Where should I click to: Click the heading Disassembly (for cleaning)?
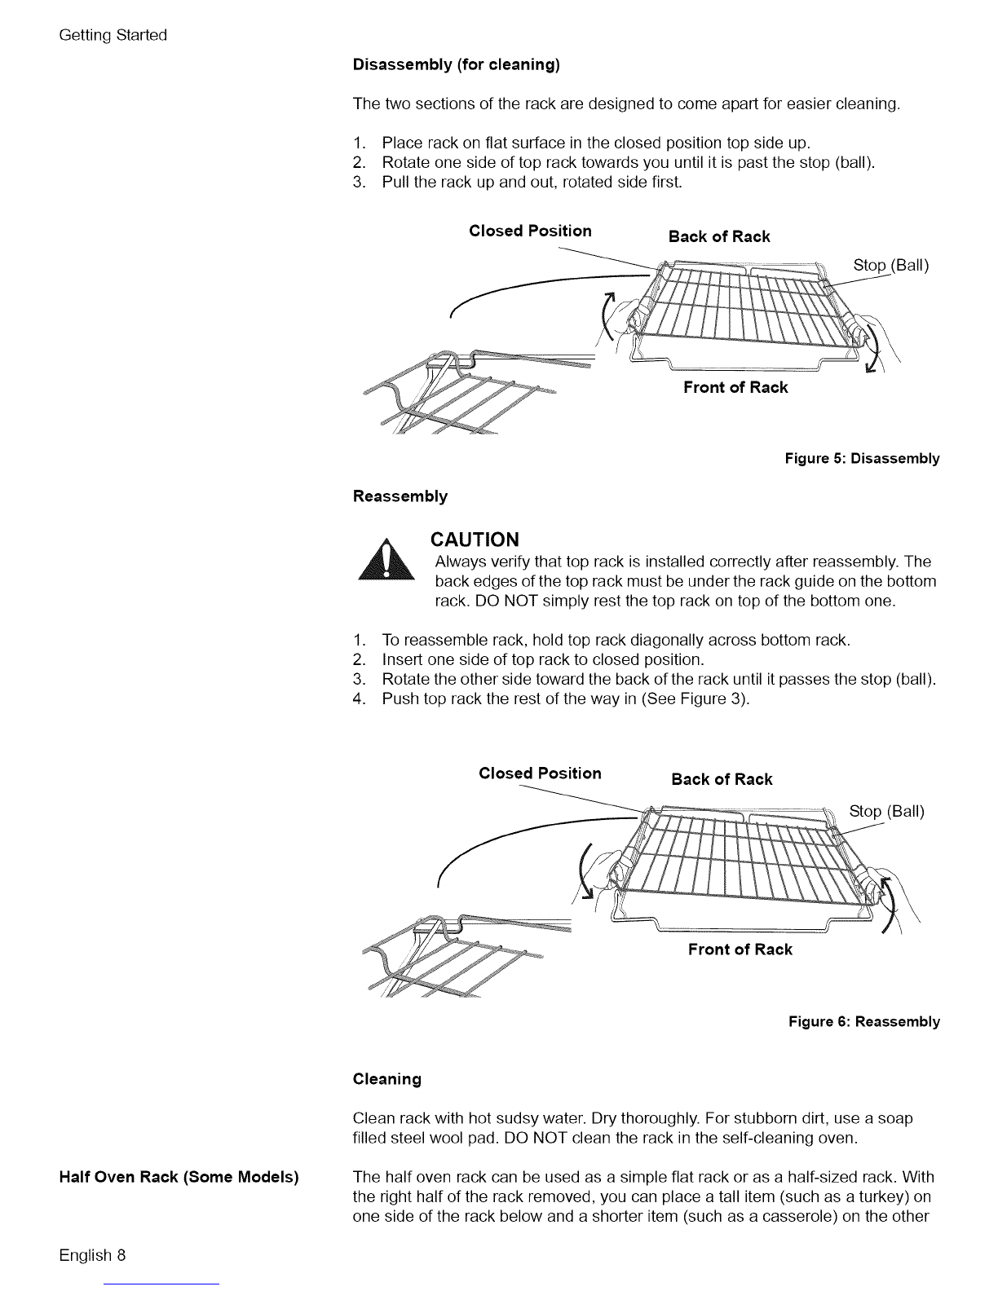coord(456,65)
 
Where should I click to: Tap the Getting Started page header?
coord(113,35)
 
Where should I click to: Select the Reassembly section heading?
coord(400,496)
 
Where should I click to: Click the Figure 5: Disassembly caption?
coord(862,459)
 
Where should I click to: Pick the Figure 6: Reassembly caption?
coord(863,1022)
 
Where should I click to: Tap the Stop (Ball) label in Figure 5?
coord(890,265)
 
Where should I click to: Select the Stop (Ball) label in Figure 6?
coord(886,811)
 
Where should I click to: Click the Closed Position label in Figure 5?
coord(530,231)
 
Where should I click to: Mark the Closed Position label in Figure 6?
coord(540,773)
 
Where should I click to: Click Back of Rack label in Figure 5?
coord(718,237)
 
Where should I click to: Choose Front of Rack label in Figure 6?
coord(740,950)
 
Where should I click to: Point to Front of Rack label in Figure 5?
coord(735,388)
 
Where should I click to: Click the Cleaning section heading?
coord(386,1079)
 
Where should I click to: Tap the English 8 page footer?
coord(91,1254)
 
